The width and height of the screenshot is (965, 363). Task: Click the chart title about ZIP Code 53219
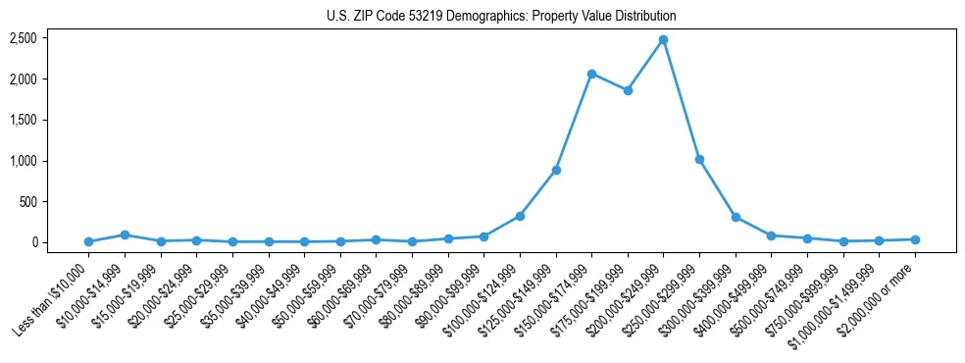[x=501, y=17]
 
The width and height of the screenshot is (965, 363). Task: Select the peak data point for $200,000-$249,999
[x=664, y=39]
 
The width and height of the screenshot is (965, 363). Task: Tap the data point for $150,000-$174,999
[x=591, y=74]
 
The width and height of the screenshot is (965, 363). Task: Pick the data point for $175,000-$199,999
[x=628, y=90]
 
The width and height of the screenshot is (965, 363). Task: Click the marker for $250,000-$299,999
[x=699, y=159]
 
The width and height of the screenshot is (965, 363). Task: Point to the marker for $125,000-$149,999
[x=556, y=170]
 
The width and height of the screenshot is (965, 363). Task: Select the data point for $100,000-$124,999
[x=520, y=216]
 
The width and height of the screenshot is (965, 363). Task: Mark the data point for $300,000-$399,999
[x=736, y=218]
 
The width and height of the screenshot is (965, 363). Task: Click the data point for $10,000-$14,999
[x=125, y=234]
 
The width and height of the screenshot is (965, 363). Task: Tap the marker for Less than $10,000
[x=88, y=241]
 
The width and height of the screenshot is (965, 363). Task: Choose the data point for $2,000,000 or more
[x=915, y=239]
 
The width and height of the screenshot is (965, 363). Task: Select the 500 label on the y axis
[x=28, y=202]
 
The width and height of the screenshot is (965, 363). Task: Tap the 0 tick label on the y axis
[x=34, y=242]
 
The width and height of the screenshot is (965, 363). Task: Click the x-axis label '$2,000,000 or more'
[x=878, y=298]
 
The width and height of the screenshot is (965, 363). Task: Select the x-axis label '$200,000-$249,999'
[x=628, y=298]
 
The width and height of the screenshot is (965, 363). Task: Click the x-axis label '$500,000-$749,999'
[x=771, y=298]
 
